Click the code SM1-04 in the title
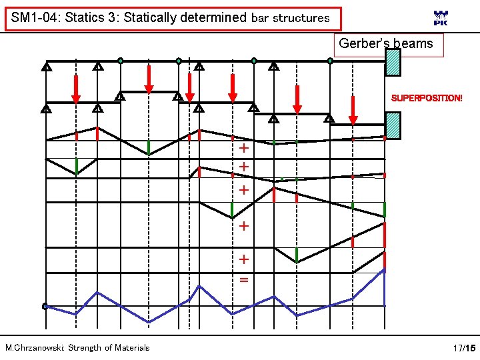coord(35,18)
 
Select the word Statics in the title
coord(86,18)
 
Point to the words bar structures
coord(291,18)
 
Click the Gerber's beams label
coord(386,44)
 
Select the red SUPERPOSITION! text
coord(426,98)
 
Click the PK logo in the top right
coord(441,19)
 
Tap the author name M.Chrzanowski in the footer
coord(33,347)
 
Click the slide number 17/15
coord(464,348)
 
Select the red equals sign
coord(244,279)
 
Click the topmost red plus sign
coord(244,148)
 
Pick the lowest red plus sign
coord(244,259)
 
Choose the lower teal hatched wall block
coord(393,125)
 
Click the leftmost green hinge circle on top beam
coord(120,61)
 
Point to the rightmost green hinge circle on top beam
coord(330,61)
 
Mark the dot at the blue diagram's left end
coord(45,307)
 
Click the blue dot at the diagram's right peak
coord(383,270)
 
